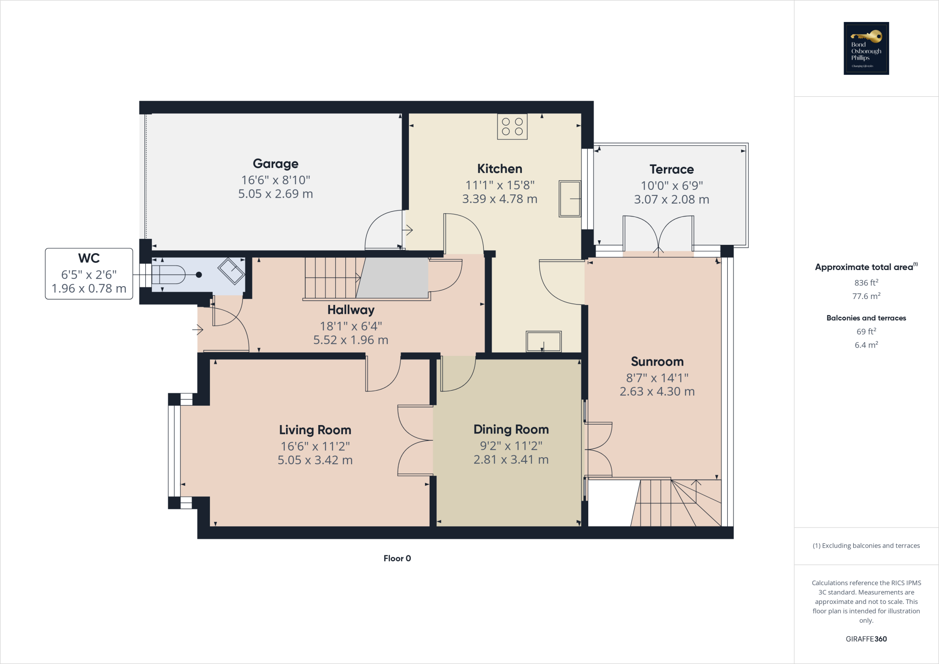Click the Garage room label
point(276,164)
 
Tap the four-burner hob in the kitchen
point(512,127)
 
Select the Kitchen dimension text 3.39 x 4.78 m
point(499,199)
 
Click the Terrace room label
point(671,169)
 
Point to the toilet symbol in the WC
point(169,275)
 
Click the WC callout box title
point(89,258)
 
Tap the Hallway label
point(351,310)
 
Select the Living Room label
point(315,430)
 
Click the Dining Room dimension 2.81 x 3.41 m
point(511,459)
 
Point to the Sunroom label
point(657,361)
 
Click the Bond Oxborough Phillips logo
point(866,48)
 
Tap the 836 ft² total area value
point(866,282)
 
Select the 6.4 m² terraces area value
point(866,345)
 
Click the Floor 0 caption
point(397,558)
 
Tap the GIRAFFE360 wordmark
point(866,639)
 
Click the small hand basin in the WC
point(231,271)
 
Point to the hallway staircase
point(332,278)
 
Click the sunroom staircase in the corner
point(676,503)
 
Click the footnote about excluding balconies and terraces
point(866,546)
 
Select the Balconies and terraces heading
point(866,318)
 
